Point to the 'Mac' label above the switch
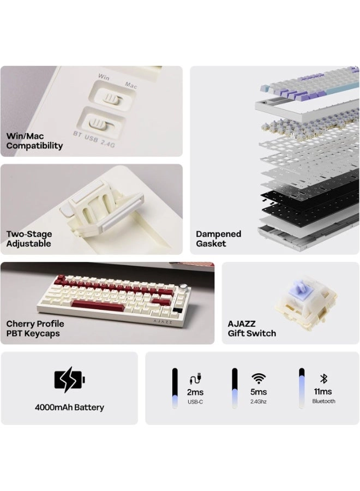tap(131, 85)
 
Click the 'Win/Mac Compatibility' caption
tap(34, 141)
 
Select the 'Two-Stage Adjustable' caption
tap(29, 238)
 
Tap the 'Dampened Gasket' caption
tap(219, 238)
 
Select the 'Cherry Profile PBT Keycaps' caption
tap(35, 328)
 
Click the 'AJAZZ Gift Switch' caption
tap(251, 328)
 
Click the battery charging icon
tap(69, 380)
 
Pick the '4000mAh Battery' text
tap(69, 408)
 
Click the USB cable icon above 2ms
tap(195, 379)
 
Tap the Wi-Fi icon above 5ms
tap(259, 378)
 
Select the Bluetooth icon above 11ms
tap(323, 378)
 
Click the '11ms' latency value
tap(323, 391)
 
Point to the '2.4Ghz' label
tap(258, 402)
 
